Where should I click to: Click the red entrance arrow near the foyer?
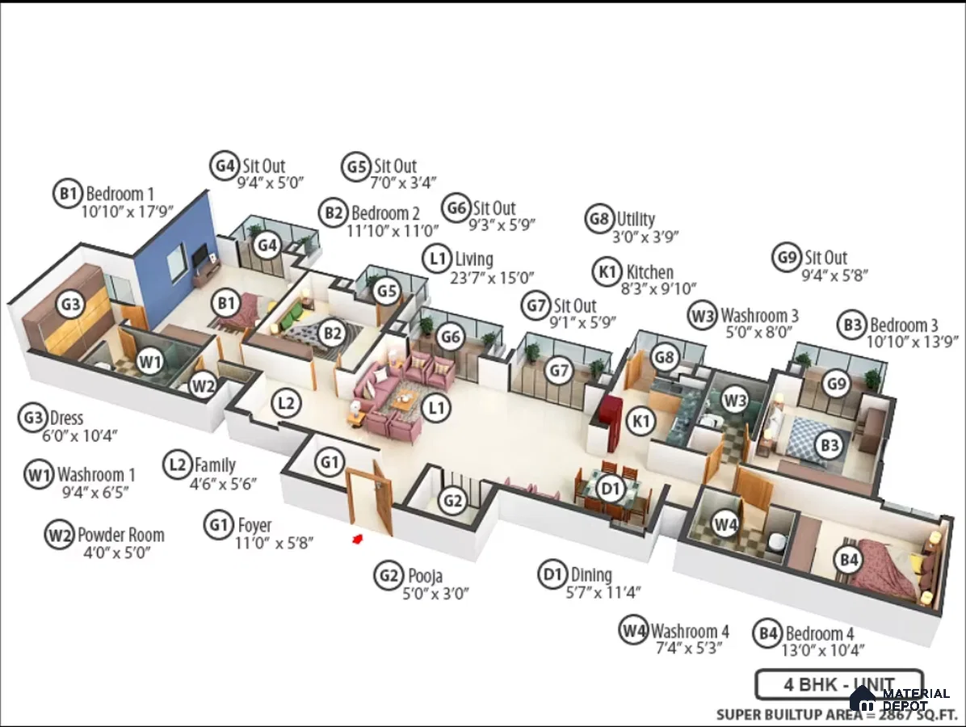(357, 540)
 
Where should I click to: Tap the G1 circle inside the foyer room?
(330, 462)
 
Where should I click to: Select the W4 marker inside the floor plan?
(726, 525)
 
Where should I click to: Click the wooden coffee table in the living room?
(404, 401)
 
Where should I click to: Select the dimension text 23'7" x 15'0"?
(492, 279)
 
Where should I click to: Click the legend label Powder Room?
(121, 535)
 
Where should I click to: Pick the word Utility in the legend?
(636, 219)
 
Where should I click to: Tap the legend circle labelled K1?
(607, 271)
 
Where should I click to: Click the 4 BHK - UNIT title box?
(839, 684)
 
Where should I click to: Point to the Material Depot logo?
(900, 700)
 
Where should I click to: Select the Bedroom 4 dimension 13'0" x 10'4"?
(823, 650)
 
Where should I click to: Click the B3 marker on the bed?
(829, 445)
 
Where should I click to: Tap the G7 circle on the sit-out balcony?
(559, 370)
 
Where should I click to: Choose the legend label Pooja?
(425, 575)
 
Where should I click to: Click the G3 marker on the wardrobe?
(71, 304)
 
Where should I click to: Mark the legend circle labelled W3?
(703, 316)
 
